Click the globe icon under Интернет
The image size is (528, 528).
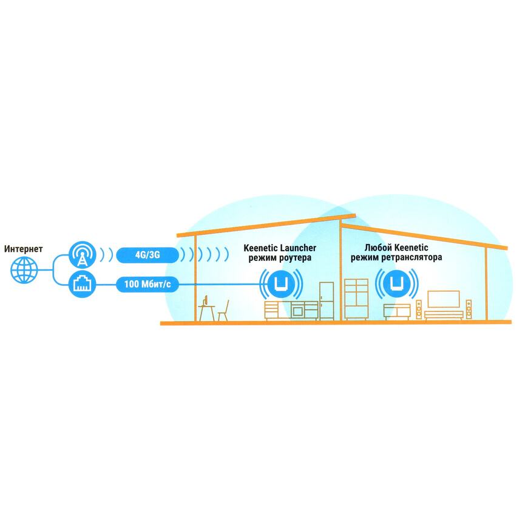pyautogui.click(x=24, y=269)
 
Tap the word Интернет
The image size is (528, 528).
pyautogui.click(x=23, y=249)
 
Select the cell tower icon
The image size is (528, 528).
pyautogui.click(x=82, y=254)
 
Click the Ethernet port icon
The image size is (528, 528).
pyautogui.click(x=82, y=285)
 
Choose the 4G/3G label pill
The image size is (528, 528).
pyautogui.click(x=147, y=255)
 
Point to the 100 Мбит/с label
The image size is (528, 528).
pyautogui.click(x=147, y=285)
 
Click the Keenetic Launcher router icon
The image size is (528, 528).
pyautogui.click(x=280, y=283)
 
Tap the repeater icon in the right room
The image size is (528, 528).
pyautogui.click(x=397, y=283)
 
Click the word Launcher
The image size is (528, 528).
pyautogui.click(x=299, y=248)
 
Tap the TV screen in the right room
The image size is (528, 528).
pyautogui.click(x=444, y=299)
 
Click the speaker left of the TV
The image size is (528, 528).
pyautogui.click(x=419, y=309)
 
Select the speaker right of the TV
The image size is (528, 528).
pyautogui.click(x=469, y=309)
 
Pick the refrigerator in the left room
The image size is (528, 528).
pyautogui.click(x=327, y=300)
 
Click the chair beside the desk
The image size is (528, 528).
pyautogui.click(x=223, y=311)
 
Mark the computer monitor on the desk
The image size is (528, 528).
pyautogui.click(x=206, y=300)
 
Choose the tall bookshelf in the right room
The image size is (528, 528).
pyautogui.click(x=356, y=299)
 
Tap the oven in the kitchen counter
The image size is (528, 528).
pyautogui.click(x=297, y=311)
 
